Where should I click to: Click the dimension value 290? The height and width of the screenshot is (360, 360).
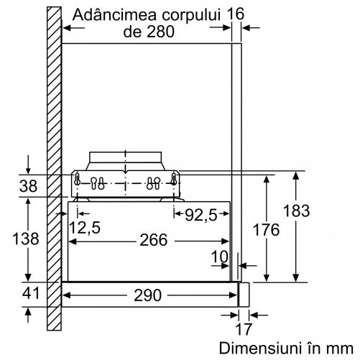point(147,295)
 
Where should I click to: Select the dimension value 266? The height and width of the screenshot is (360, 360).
point(153,240)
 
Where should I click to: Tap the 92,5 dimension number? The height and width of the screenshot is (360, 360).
point(200,215)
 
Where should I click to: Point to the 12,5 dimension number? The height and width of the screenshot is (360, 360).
point(85,227)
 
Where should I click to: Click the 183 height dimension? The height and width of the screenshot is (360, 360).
point(296,211)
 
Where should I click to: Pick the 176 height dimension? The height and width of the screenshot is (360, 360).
point(266,230)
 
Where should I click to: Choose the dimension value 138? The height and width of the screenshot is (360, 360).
point(26,239)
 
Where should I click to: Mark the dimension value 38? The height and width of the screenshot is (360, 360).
point(28,186)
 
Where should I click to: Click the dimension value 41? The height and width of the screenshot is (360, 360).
point(31,293)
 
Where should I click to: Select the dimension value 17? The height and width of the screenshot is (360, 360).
point(244,329)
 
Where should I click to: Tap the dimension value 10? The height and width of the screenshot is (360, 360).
point(220,257)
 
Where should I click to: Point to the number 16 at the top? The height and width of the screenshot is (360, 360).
point(236,14)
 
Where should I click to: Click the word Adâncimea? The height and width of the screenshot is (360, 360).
point(114,14)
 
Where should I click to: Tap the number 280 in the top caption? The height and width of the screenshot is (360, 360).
point(160,31)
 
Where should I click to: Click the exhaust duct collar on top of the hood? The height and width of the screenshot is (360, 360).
point(126,157)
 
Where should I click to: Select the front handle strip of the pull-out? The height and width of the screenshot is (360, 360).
point(244,295)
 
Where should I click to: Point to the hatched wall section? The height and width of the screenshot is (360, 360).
point(54,169)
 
